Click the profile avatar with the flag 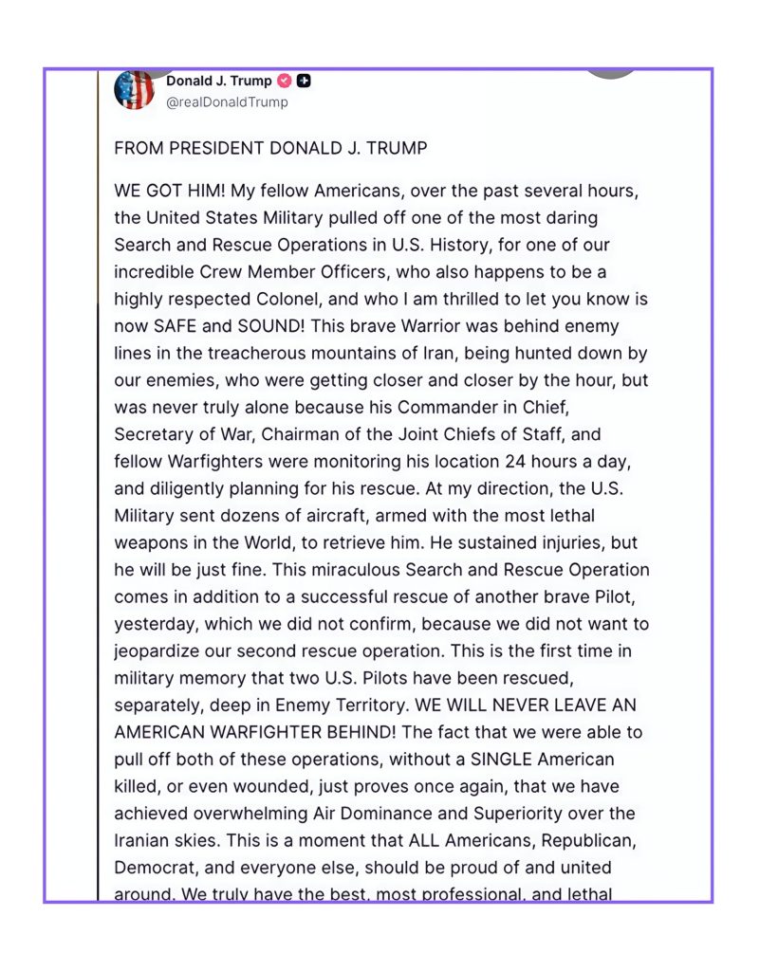click(134, 90)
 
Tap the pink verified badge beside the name click(285, 82)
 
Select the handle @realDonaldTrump click(228, 102)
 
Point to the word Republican click(595, 840)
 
